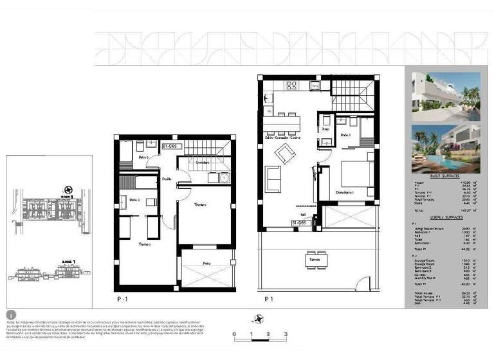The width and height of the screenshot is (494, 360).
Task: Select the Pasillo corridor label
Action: coord(167,179)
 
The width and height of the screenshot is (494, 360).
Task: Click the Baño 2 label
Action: coord(134,201)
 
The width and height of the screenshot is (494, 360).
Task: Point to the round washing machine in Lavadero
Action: coord(223,179)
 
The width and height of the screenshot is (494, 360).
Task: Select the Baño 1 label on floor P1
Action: coord(345,135)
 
